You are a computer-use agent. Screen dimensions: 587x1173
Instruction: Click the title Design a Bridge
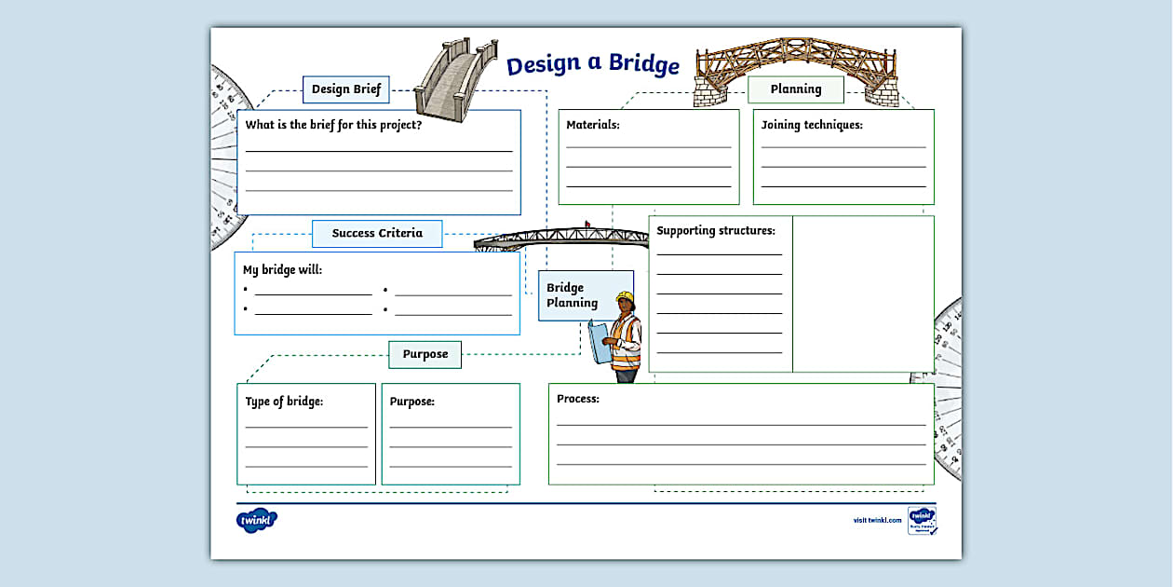(593, 65)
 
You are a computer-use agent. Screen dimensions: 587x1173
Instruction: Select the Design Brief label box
(346, 89)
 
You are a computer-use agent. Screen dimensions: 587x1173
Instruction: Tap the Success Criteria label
(377, 233)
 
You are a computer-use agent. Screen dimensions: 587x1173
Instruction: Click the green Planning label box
(796, 89)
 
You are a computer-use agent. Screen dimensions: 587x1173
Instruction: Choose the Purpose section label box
(425, 354)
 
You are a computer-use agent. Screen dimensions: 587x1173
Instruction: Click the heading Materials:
(593, 124)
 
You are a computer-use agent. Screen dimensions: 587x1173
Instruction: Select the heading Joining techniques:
(812, 124)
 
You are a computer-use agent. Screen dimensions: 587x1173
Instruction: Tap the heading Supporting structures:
(716, 230)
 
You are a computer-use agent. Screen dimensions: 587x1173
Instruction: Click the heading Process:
(578, 399)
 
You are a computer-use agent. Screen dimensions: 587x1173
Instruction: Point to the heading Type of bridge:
(284, 402)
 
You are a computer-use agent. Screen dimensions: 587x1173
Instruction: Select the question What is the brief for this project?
(333, 125)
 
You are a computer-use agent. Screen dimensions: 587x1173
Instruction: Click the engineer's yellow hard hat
(624, 298)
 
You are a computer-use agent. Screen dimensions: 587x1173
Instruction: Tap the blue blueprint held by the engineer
(599, 340)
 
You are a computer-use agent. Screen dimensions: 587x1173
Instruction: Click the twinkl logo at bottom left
(257, 520)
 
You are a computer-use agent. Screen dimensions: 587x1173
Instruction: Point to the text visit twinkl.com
(877, 520)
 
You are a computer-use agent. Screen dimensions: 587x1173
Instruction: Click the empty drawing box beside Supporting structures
(863, 293)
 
